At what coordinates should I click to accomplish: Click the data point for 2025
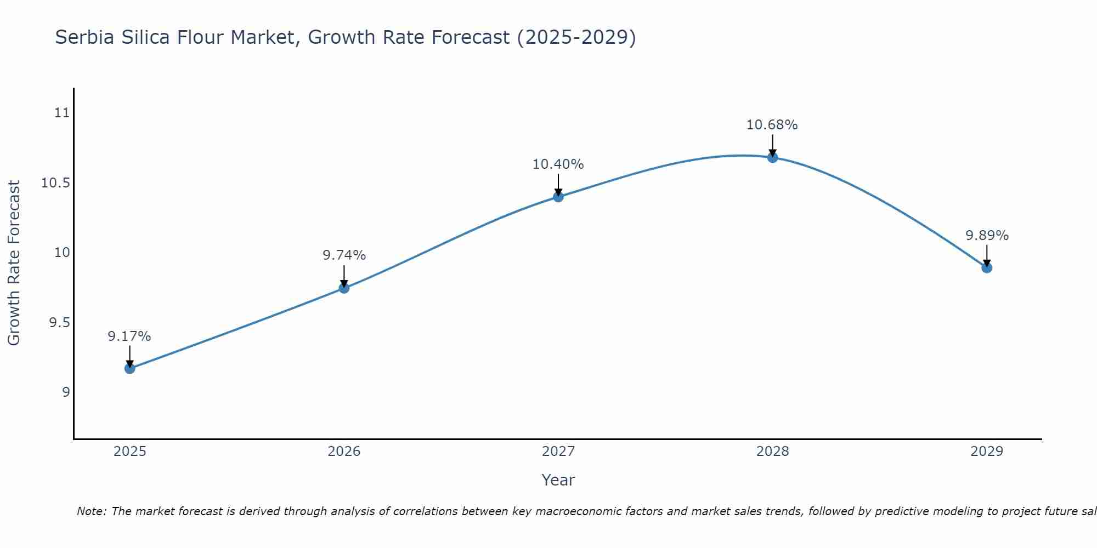point(129,368)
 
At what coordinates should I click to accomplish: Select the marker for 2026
point(344,288)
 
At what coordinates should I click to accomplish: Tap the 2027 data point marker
point(558,196)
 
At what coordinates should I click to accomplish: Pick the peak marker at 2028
point(772,157)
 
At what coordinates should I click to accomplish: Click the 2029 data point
point(987,267)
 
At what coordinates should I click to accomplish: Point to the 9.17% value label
point(129,336)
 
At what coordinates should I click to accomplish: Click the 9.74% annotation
point(344,255)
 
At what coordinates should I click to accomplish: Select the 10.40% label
point(558,164)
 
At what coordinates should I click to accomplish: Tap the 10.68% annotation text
point(772,125)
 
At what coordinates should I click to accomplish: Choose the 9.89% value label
point(987,236)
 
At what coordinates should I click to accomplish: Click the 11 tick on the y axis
point(63,113)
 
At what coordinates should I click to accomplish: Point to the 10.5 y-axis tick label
point(56,182)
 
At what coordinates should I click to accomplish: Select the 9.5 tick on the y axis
point(59,322)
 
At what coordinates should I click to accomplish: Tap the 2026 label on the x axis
point(344,452)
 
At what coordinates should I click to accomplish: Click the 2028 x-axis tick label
point(772,452)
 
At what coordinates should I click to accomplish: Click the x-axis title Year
point(558,480)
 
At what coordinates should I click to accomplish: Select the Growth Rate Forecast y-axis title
point(14,263)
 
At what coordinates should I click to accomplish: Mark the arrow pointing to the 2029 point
point(987,255)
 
